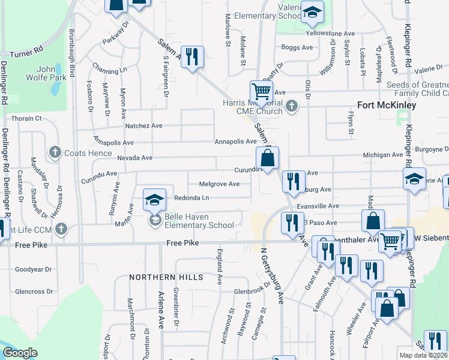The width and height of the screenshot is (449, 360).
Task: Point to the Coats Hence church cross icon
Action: tap(55, 152)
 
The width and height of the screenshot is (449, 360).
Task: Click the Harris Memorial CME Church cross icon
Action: tap(292, 106)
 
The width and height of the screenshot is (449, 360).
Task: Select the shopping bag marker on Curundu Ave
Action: tap(267, 158)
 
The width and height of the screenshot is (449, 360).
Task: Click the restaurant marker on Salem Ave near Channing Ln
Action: tap(192, 57)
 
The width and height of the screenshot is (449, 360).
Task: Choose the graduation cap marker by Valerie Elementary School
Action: tap(312, 12)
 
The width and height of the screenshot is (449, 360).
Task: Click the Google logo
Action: tap(20, 353)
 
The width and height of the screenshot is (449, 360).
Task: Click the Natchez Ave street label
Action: tap(143, 126)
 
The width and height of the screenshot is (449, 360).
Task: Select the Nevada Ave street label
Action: tap(139, 158)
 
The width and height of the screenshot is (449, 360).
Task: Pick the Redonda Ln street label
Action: tap(191, 197)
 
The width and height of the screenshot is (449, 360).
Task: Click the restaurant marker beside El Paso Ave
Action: tap(292, 223)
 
